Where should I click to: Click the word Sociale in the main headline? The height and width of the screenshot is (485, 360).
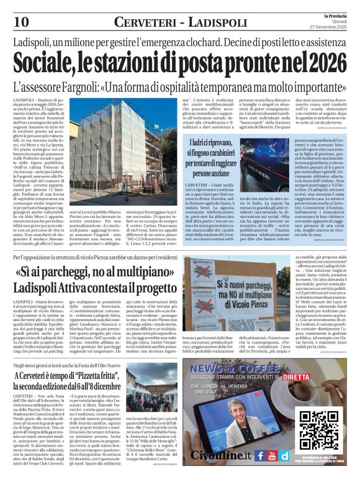[x=47, y=62]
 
